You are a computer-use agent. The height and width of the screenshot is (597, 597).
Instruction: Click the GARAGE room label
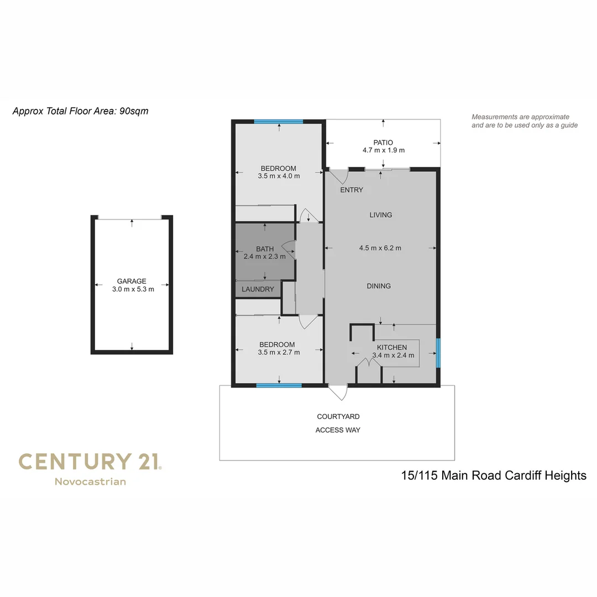point(132,281)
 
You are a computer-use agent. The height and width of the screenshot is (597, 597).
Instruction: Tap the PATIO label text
point(383,143)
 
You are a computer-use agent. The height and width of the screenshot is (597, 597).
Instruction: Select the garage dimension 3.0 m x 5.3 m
point(132,289)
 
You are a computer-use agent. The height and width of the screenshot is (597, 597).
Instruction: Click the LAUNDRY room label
point(258,289)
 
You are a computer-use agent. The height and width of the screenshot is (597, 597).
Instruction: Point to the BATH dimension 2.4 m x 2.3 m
point(265,256)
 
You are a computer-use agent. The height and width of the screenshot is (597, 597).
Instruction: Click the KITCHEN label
point(392,348)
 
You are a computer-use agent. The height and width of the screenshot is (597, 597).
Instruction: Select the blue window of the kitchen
point(438,353)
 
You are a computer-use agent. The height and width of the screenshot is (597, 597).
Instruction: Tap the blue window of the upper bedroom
point(279,122)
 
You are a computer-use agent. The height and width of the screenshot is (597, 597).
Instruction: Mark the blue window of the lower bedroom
point(279,385)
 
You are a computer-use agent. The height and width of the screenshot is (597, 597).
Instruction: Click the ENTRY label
point(352,190)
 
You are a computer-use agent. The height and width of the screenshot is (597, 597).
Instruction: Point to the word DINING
point(379,286)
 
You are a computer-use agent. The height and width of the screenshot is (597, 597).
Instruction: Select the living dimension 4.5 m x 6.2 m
point(380,248)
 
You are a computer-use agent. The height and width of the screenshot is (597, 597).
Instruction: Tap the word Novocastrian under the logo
point(90,481)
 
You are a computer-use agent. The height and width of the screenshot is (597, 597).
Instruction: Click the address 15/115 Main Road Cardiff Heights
point(494,475)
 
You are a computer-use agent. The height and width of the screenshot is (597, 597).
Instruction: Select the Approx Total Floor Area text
point(81,111)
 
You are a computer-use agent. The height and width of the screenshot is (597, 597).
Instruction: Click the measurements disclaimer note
point(524,121)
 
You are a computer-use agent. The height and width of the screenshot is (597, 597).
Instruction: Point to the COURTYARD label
point(338,417)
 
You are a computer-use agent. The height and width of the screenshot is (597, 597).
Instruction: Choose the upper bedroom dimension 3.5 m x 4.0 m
point(279,176)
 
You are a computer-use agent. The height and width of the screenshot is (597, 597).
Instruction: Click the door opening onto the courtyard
point(337,392)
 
